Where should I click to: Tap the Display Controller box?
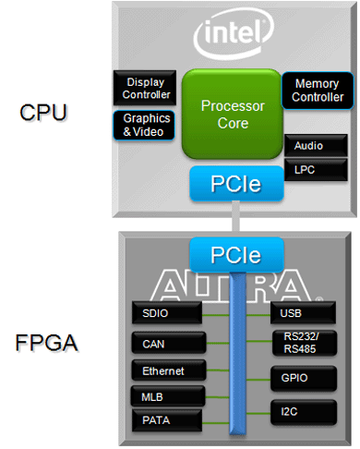[x=144, y=89]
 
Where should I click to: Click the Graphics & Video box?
[x=144, y=125]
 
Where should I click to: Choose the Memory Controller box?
[x=316, y=91]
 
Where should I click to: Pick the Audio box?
[x=315, y=146]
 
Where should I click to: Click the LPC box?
[x=315, y=169]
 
